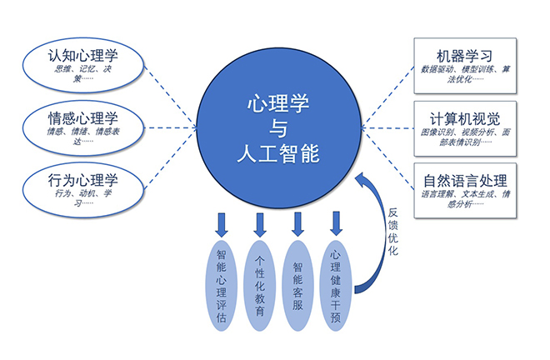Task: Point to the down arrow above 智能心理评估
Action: (x=222, y=222)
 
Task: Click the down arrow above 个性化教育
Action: (x=259, y=222)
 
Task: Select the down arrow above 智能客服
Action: (x=297, y=222)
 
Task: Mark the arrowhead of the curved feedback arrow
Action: (x=360, y=178)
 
